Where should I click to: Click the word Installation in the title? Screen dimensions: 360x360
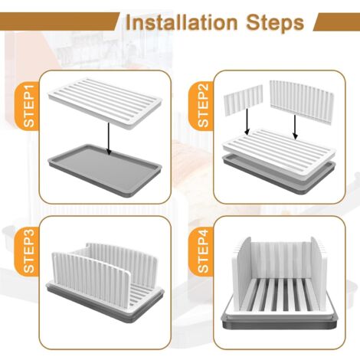pyautogui.click(x=182, y=22)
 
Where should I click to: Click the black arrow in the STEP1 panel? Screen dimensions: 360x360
pyautogui.click(x=109, y=139)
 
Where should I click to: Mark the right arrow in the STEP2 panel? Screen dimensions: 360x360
pyautogui.click(x=296, y=127)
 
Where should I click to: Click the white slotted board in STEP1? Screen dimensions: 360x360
pyautogui.click(x=104, y=103)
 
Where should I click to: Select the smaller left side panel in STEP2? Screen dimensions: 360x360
pyautogui.click(x=244, y=100)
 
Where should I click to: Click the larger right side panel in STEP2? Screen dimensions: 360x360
pyautogui.click(x=301, y=102)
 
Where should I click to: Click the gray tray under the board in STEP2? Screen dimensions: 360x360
pyautogui.click(x=279, y=178)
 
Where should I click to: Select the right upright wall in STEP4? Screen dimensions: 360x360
pyautogui.click(x=319, y=272)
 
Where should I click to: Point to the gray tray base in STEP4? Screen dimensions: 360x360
pyautogui.click(x=279, y=322)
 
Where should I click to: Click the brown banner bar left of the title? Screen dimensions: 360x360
pyautogui.click(x=59, y=21)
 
